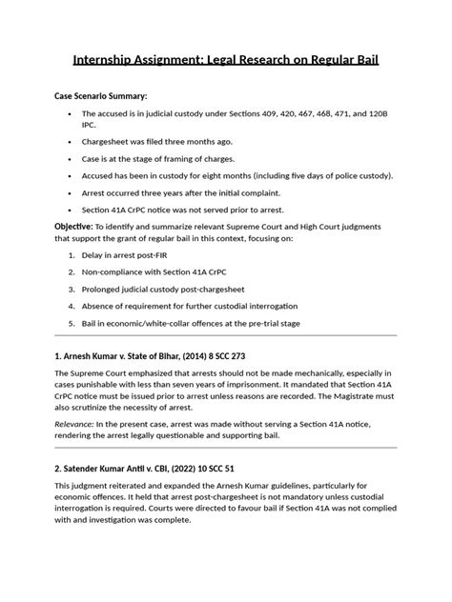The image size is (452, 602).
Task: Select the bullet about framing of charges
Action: click(157, 158)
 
